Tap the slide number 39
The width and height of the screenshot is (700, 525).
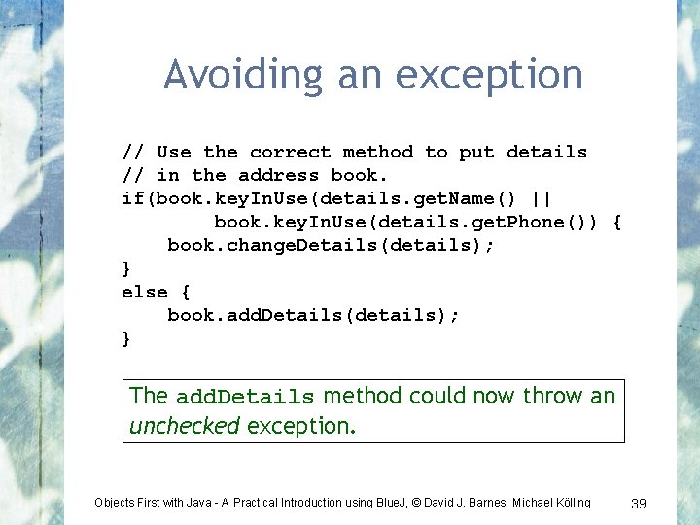pyautogui.click(x=639, y=503)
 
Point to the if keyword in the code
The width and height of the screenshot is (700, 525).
pyautogui.click(x=132, y=198)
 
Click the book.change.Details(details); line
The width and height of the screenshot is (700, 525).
pyautogui.click(x=331, y=245)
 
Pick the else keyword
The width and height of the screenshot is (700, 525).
pyautogui.click(x=144, y=292)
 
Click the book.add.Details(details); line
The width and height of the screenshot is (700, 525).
pyautogui.click(x=313, y=315)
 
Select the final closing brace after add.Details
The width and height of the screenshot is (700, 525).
pyautogui.click(x=126, y=338)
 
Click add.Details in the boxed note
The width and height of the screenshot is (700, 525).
pyautogui.click(x=245, y=397)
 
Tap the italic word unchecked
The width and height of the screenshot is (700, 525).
pyautogui.click(x=185, y=426)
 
